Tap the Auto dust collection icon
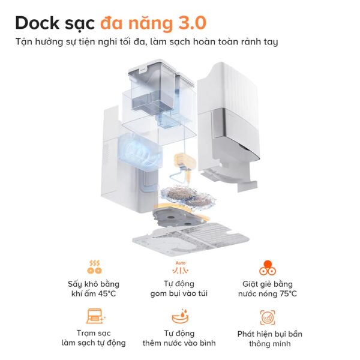pos(180,267)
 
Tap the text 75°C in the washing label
pos(284,294)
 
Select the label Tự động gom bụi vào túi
pos(180,289)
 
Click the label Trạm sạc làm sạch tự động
pos(94,338)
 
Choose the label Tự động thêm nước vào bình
pos(180,338)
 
